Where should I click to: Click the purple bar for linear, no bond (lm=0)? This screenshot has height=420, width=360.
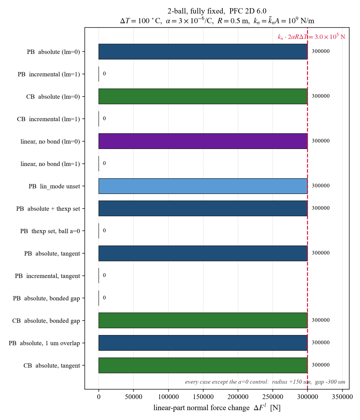coord(203,141)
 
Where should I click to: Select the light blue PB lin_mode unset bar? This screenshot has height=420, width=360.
coord(203,186)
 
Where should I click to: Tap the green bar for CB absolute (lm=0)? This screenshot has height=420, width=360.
coord(203,96)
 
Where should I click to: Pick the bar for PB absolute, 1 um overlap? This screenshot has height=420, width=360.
coord(203,343)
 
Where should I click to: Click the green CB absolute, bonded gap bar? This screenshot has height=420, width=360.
coord(203,320)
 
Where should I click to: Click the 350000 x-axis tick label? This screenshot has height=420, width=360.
coord(342,396)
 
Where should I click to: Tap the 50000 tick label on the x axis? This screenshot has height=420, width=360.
coord(133,396)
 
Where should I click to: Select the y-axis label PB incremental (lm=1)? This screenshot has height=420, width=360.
coord(49,74)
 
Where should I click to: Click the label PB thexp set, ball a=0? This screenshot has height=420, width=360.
coord(50,231)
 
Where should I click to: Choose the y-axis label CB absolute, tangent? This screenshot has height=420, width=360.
coord(52,365)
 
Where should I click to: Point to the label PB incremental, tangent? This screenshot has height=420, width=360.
coord(48,276)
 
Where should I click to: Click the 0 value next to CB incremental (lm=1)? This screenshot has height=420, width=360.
coord(104,118)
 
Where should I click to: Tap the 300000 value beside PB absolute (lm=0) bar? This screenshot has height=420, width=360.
coord(321,51)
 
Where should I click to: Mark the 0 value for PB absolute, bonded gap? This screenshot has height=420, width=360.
coord(104,297)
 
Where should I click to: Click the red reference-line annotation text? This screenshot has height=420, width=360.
coord(311,37)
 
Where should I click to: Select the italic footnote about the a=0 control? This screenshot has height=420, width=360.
coord(265,382)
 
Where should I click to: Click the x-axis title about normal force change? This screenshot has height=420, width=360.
coord(217,408)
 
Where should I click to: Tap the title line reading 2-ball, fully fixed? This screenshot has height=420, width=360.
coord(217,11)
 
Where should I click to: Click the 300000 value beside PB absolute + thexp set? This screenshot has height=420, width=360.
coord(321,208)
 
